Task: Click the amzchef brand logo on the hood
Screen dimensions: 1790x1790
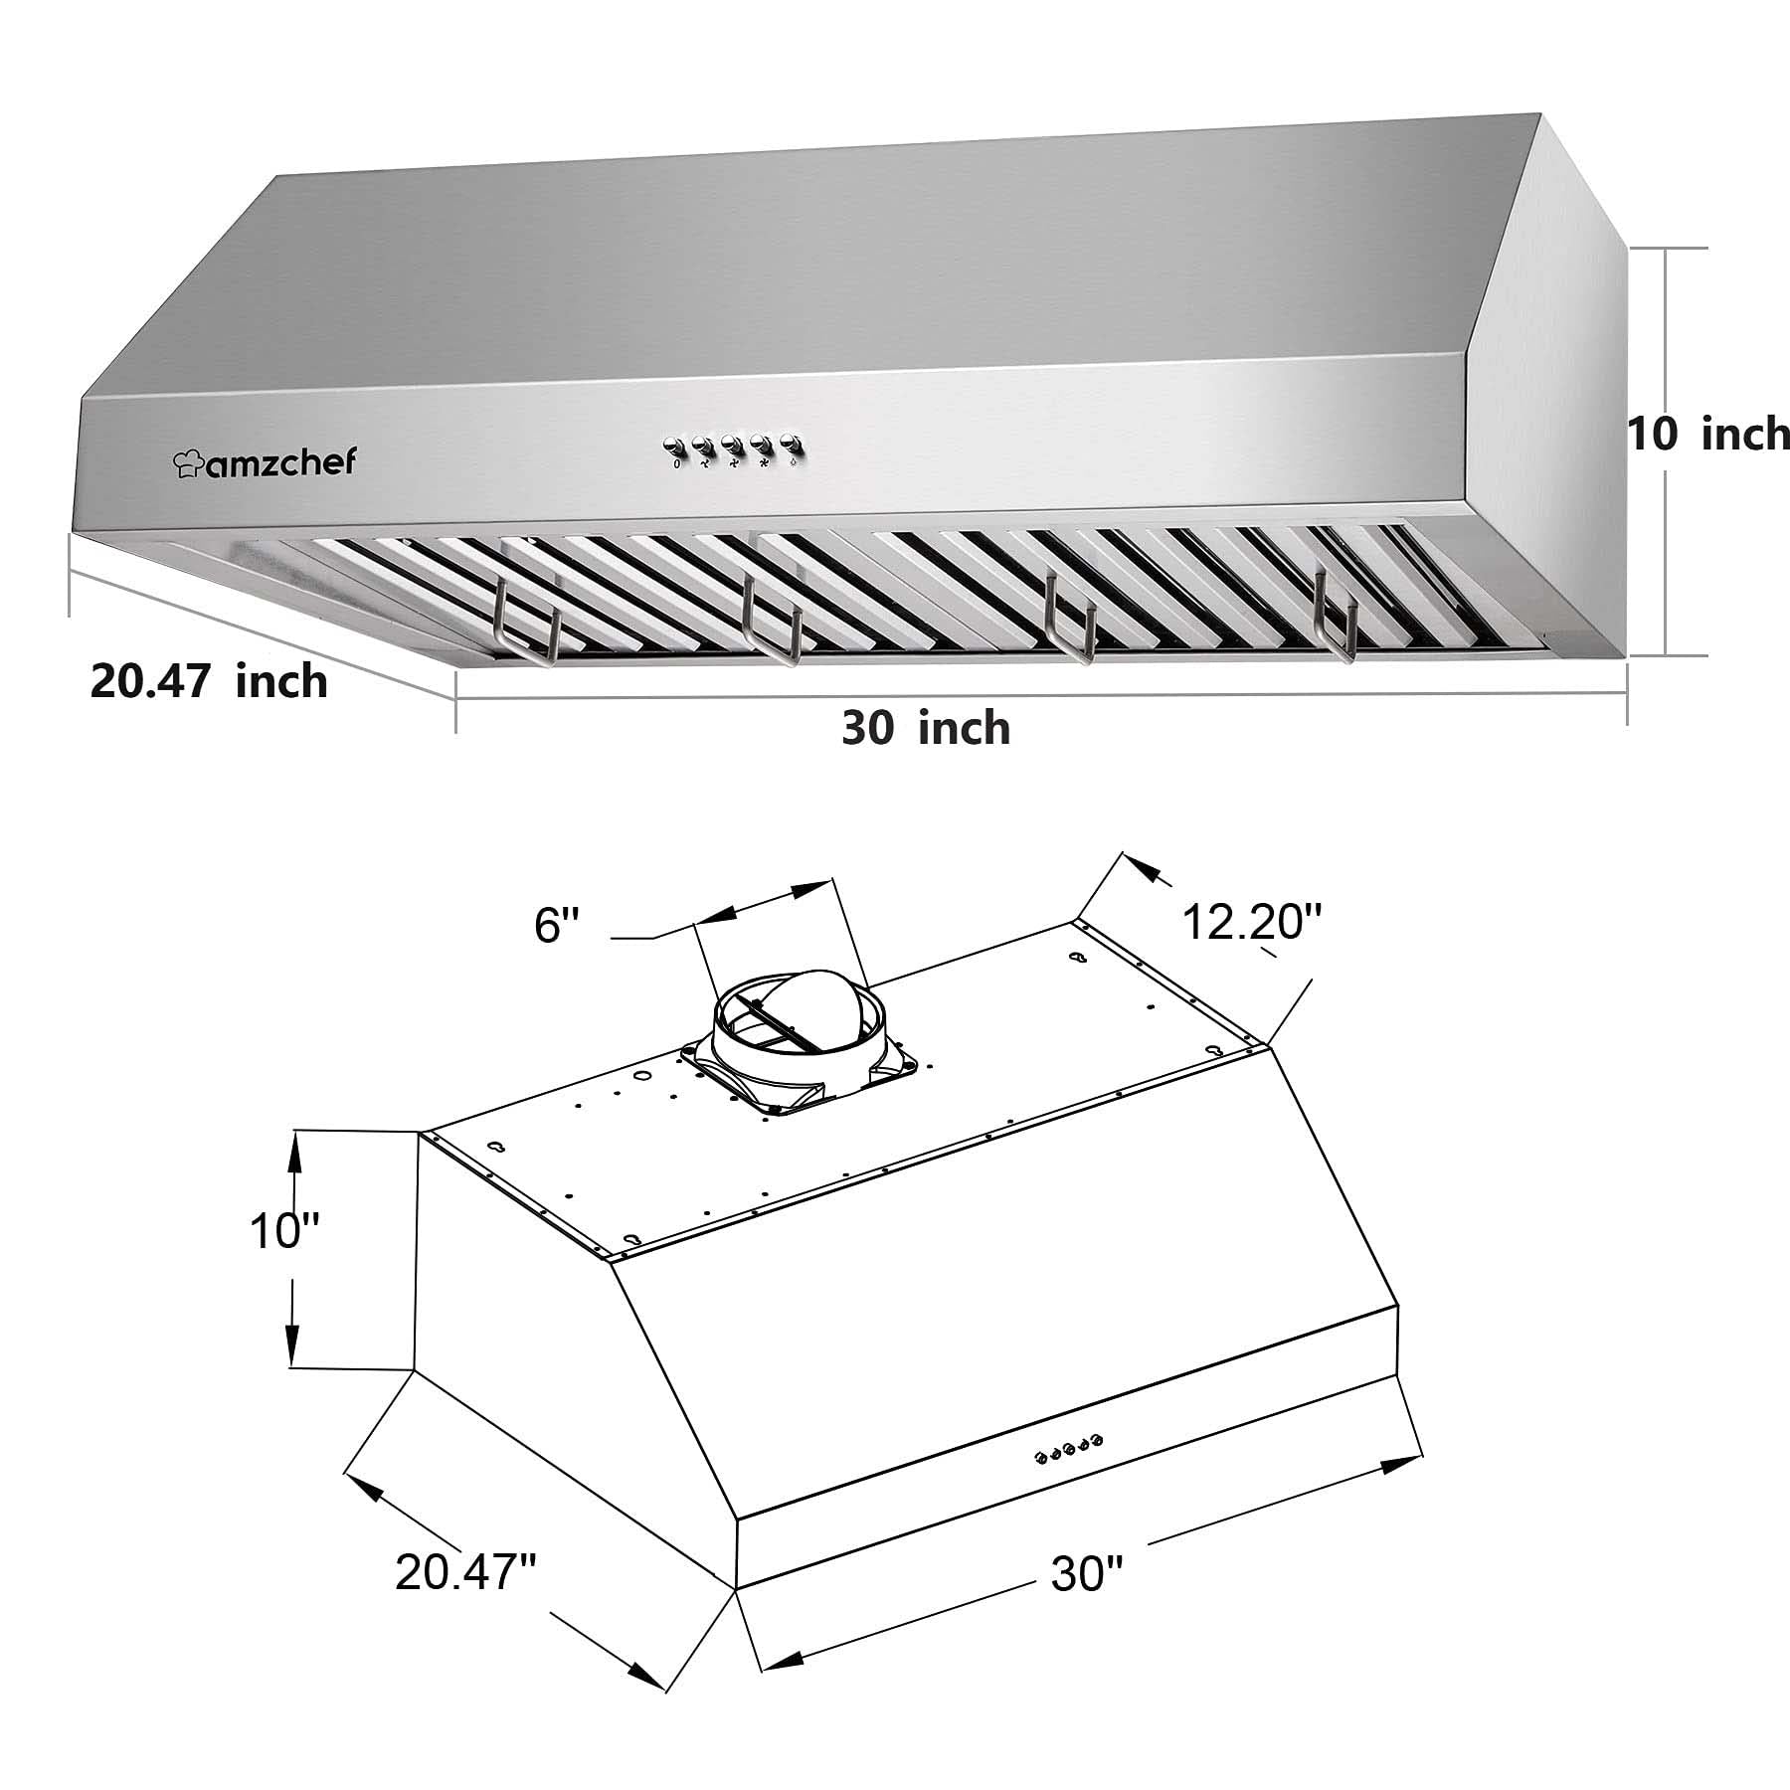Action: (x=264, y=461)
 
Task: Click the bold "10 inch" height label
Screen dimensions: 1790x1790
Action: (x=1707, y=435)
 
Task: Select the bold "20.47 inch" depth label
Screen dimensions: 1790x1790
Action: (x=209, y=682)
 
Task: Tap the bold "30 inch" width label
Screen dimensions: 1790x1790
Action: (x=926, y=728)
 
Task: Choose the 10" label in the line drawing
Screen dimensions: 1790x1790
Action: (x=283, y=1232)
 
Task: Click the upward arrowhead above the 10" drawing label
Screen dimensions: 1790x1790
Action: (x=294, y=1149)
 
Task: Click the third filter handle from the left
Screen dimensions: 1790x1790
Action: (x=1070, y=626)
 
